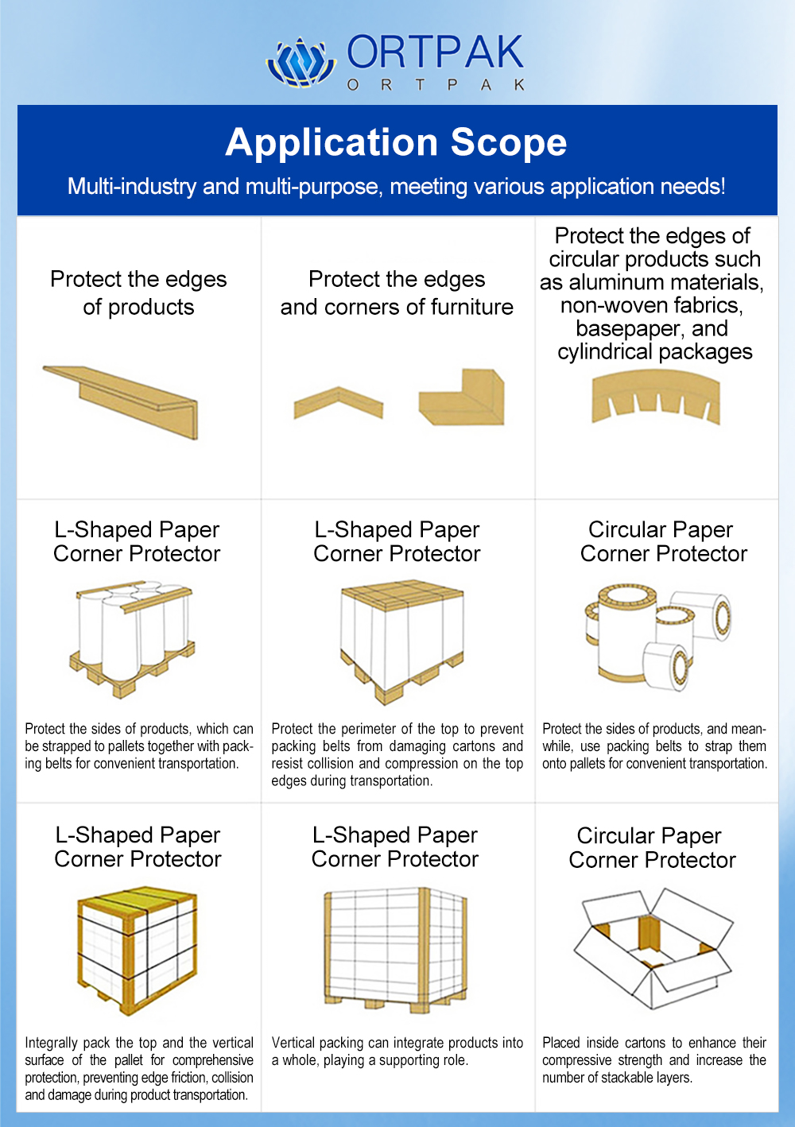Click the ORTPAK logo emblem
point(301,62)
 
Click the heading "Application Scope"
point(396,143)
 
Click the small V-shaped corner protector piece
point(339,402)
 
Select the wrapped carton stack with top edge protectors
point(401,641)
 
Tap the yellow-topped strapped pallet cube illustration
point(137,949)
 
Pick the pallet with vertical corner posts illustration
point(395,949)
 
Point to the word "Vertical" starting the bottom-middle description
point(295,1043)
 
